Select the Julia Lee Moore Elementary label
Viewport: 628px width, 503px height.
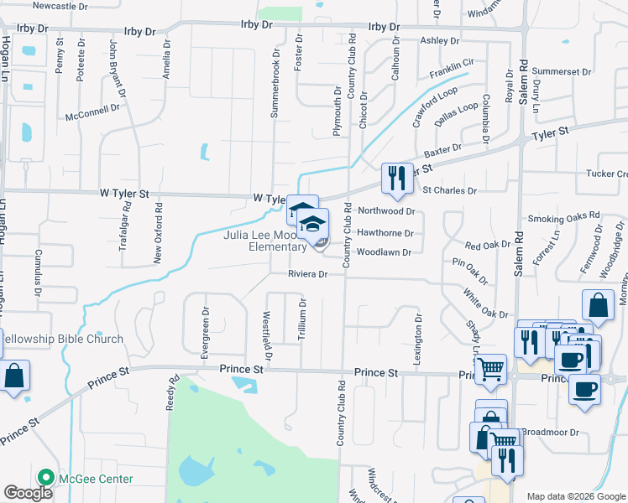[x=264, y=241]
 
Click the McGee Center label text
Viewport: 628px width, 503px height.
[x=95, y=479]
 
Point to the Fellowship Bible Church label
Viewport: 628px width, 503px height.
[x=60, y=340]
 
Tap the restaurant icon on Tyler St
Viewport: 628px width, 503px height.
[x=397, y=178]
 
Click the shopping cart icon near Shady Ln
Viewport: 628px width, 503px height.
[x=490, y=369]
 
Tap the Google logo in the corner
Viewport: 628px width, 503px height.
[x=28, y=492]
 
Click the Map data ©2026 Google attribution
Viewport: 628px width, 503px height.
[x=576, y=496]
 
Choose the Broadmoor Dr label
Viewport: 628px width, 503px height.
[x=547, y=433]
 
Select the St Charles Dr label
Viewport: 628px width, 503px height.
[x=449, y=191]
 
